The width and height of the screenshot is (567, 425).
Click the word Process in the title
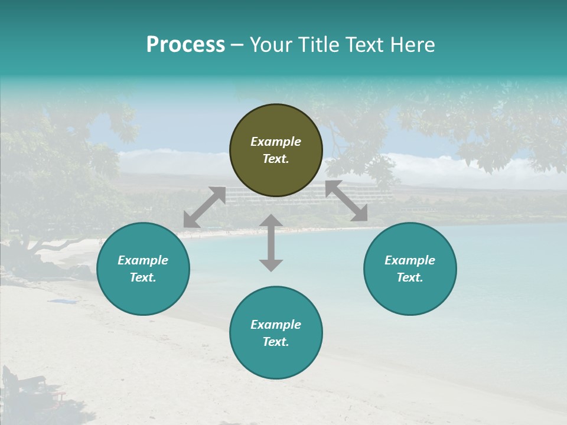tap(185, 45)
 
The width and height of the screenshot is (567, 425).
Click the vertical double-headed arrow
tap(271, 243)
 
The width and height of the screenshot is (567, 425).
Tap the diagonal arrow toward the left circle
tap(204, 207)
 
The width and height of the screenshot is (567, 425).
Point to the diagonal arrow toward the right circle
tap(346, 201)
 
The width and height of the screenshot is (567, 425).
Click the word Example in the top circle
tap(276, 142)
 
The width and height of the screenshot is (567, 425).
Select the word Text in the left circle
tap(143, 277)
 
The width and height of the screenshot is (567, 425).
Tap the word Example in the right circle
tap(410, 260)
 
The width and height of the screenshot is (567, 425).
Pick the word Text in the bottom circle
tap(276, 342)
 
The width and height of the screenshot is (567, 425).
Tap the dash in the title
tap(237, 45)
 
